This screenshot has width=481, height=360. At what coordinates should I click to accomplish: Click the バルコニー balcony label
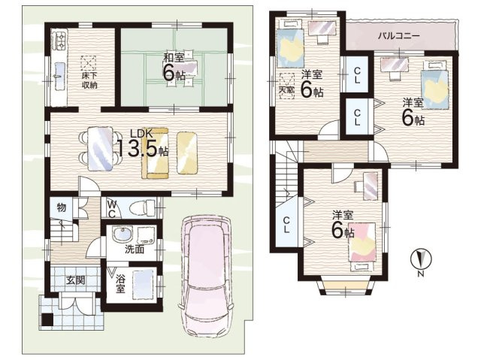398,36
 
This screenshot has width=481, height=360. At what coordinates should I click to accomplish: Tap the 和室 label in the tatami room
174,58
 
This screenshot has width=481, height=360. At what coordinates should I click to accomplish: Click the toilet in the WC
143,207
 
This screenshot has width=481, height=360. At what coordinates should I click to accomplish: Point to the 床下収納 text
89,80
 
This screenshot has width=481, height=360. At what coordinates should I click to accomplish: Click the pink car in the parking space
207,277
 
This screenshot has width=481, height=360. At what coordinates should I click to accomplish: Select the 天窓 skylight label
286,90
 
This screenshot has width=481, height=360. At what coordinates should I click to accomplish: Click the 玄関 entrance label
75,280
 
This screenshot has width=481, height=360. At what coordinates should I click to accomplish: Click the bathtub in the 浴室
143,283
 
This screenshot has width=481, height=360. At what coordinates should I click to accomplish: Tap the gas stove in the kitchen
60,40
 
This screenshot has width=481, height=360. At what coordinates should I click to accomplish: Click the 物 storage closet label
62,207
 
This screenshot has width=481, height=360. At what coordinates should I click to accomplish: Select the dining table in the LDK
100,149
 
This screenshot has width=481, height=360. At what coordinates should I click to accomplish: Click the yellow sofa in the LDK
155,153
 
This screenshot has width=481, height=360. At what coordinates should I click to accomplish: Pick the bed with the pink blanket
362,247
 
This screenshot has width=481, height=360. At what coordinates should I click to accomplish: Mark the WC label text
112,208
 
